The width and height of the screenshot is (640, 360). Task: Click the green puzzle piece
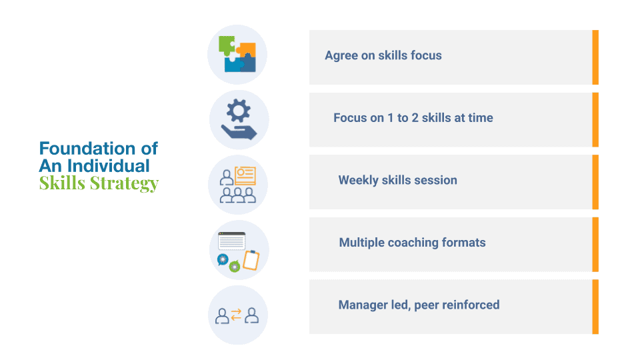pyautogui.click(x=226, y=45)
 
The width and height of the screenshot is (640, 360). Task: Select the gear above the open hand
pyautogui.click(x=239, y=111)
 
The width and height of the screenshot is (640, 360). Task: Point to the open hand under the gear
pyautogui.click(x=239, y=132)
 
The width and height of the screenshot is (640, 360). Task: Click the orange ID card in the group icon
pyautogui.click(x=245, y=176)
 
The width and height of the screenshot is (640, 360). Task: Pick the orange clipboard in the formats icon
pyautogui.click(x=251, y=260)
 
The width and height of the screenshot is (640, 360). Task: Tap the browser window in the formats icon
pyautogui.click(x=232, y=241)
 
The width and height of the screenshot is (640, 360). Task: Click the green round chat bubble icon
pyautogui.click(x=234, y=267)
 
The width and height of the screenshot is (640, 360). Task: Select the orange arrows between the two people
pyautogui.click(x=236, y=315)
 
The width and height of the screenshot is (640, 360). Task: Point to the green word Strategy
pyautogui.click(x=125, y=184)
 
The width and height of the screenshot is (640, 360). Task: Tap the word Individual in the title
pyautogui.click(x=109, y=166)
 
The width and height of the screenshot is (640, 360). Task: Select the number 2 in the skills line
pyautogui.click(x=415, y=118)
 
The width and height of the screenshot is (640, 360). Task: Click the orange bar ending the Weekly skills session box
pyautogui.click(x=595, y=182)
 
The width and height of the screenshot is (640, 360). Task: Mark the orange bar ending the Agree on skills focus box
pyautogui.click(x=595, y=57)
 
